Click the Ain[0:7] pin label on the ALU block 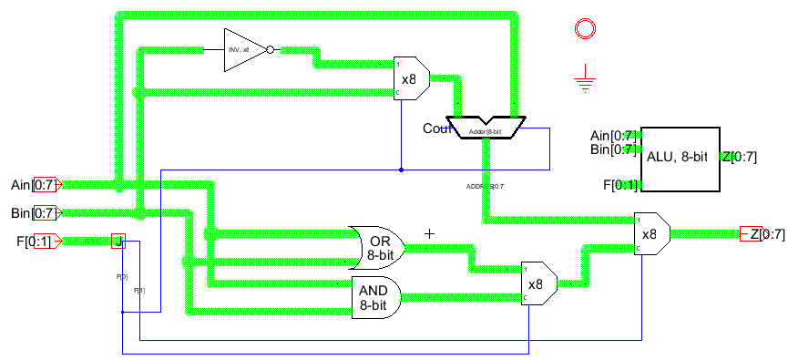point(613,136)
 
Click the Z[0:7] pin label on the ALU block point(739,157)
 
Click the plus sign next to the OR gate point(430,234)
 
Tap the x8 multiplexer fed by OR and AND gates point(537,283)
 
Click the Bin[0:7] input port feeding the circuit point(46,213)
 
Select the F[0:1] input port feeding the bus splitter point(46,241)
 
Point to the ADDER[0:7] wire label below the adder point(485,186)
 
